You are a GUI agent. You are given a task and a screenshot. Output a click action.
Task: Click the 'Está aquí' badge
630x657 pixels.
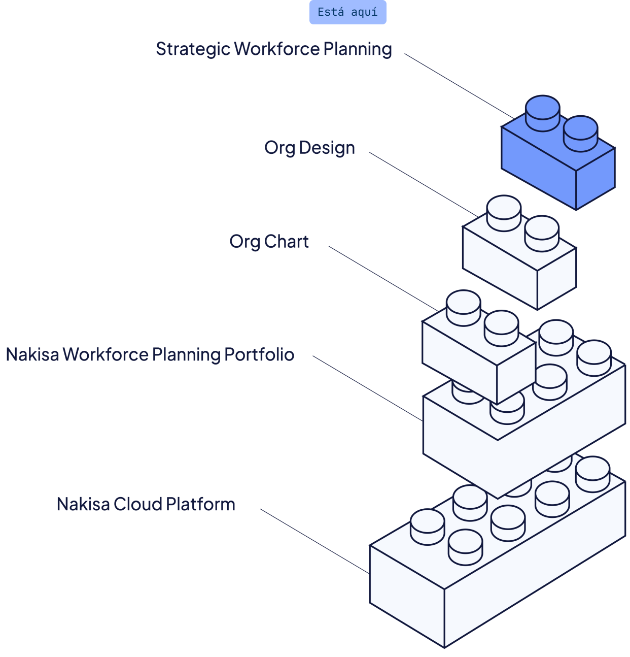point(347,12)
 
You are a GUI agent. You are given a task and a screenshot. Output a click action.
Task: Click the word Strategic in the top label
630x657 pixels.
point(193,49)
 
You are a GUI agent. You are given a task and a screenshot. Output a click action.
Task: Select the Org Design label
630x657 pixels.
point(309,148)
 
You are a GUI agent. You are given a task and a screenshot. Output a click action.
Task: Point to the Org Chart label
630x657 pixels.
point(269,241)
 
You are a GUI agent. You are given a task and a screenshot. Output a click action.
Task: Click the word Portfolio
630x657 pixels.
point(259,354)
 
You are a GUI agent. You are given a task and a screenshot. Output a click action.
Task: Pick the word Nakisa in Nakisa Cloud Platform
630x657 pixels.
point(83,504)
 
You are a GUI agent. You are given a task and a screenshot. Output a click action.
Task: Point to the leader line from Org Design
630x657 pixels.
point(421,182)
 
